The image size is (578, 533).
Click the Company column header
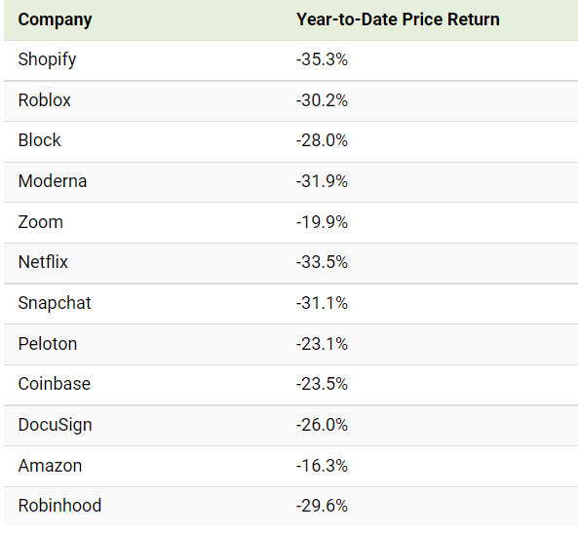click(x=55, y=19)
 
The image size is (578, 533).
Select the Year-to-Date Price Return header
click(x=398, y=19)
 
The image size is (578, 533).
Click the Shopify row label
click(x=47, y=59)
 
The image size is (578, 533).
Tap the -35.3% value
click(x=322, y=59)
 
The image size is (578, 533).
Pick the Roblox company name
click(x=44, y=100)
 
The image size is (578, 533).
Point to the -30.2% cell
click(x=322, y=100)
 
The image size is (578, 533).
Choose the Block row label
click(x=39, y=140)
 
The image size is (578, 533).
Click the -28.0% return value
click(x=322, y=140)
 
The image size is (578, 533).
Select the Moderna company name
click(x=53, y=181)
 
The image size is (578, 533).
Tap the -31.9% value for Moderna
click(x=322, y=181)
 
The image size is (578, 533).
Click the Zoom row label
click(x=41, y=222)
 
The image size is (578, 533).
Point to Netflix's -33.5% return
click(x=322, y=262)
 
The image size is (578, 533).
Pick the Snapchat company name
click(x=55, y=303)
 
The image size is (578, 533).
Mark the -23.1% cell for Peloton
click(x=322, y=344)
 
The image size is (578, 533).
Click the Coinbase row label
click(x=55, y=384)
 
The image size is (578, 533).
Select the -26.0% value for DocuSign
click(x=322, y=425)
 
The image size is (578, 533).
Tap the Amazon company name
click(x=50, y=466)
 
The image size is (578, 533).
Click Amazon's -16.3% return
click(x=322, y=466)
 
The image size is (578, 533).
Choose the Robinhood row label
click(x=59, y=506)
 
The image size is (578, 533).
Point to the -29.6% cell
click(x=322, y=506)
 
